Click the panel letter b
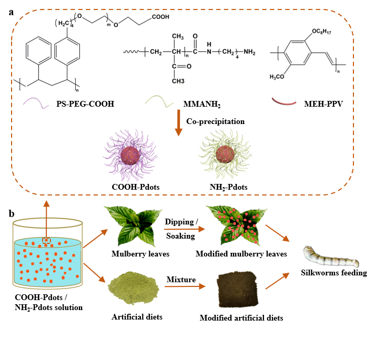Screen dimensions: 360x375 tap(11, 214)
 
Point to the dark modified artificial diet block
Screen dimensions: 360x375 tap(238, 292)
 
